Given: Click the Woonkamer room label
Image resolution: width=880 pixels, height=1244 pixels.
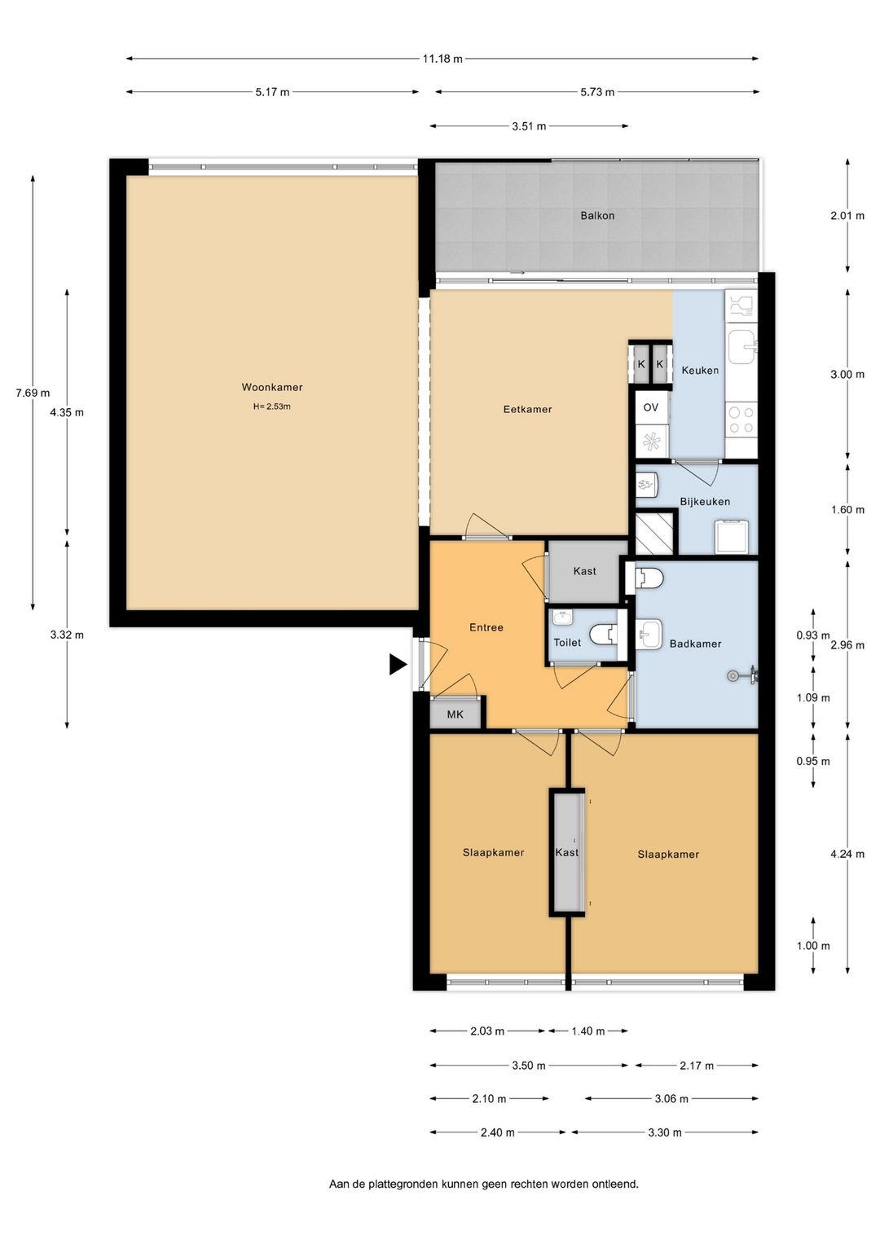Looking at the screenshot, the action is (x=271, y=387).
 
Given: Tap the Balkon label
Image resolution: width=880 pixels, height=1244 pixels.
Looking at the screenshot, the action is (x=597, y=215).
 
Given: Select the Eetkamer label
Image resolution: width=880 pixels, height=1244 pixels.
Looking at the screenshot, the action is (x=527, y=409).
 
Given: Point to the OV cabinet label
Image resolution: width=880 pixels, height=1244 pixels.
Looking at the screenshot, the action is (x=650, y=407).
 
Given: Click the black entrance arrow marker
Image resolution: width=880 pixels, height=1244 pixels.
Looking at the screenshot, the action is (x=398, y=664).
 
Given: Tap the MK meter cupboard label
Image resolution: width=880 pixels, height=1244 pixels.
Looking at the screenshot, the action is (x=455, y=714).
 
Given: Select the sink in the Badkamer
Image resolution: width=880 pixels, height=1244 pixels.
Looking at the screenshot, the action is (x=649, y=635).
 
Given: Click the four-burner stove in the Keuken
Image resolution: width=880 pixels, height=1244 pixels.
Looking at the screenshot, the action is (x=741, y=420).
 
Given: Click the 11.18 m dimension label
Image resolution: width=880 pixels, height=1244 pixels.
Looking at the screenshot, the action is (x=442, y=59).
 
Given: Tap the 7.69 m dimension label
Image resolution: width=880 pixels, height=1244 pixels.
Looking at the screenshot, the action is (x=33, y=393).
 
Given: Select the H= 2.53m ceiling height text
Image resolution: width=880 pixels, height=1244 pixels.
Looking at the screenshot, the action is (x=271, y=407).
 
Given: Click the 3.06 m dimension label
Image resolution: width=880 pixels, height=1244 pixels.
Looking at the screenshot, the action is (x=671, y=1098).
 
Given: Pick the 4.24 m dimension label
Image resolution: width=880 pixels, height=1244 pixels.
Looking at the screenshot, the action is (x=847, y=854).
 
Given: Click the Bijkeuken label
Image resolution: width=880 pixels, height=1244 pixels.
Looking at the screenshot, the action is (x=705, y=502).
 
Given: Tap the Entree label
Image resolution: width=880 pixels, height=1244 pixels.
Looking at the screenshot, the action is (x=486, y=627).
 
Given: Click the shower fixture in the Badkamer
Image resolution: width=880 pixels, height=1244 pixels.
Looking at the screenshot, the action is (x=743, y=675).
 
